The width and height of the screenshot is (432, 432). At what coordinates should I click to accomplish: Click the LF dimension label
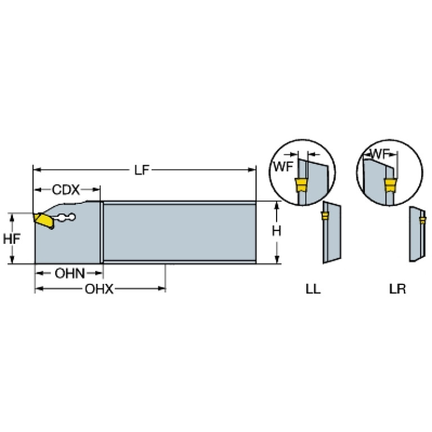141,170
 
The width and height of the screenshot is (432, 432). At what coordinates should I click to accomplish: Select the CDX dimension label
66,190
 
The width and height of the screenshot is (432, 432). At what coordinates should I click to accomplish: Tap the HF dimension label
11,239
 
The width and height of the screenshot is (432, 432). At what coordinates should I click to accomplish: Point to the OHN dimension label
70,273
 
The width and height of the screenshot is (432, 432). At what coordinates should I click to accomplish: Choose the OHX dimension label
99,289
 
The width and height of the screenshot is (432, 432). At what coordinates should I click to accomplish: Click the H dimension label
277,231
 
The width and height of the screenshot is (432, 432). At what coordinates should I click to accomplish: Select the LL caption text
313,289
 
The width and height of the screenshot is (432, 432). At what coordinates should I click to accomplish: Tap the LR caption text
398,289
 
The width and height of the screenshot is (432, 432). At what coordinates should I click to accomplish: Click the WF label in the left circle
283,166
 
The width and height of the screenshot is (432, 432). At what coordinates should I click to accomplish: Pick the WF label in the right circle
380,154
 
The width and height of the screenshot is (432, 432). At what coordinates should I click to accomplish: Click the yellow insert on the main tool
44,221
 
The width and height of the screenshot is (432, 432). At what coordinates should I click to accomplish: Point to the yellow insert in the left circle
301,185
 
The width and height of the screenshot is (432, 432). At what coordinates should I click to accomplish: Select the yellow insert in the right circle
389,185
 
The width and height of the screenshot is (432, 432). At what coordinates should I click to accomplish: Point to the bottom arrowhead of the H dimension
277,260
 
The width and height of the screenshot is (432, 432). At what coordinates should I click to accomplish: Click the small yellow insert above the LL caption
325,216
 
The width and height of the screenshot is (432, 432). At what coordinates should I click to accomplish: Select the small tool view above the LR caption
417,234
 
